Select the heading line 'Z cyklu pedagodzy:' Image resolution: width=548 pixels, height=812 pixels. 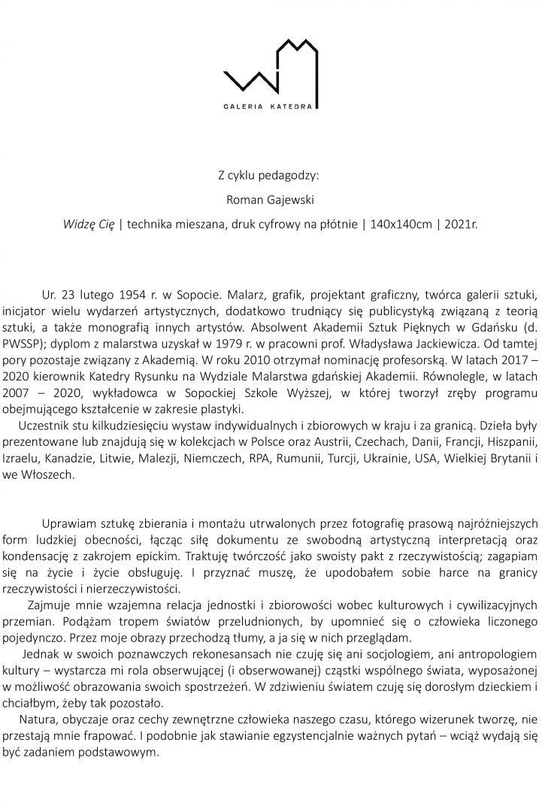pos(268,176)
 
